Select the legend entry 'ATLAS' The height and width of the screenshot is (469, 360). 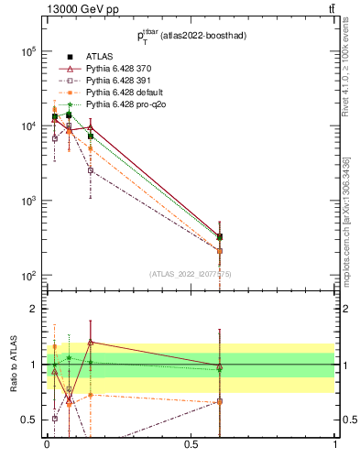pyautogui.click(x=100, y=57)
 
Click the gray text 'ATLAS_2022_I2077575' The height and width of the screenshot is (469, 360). pyautogui.click(x=191, y=273)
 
